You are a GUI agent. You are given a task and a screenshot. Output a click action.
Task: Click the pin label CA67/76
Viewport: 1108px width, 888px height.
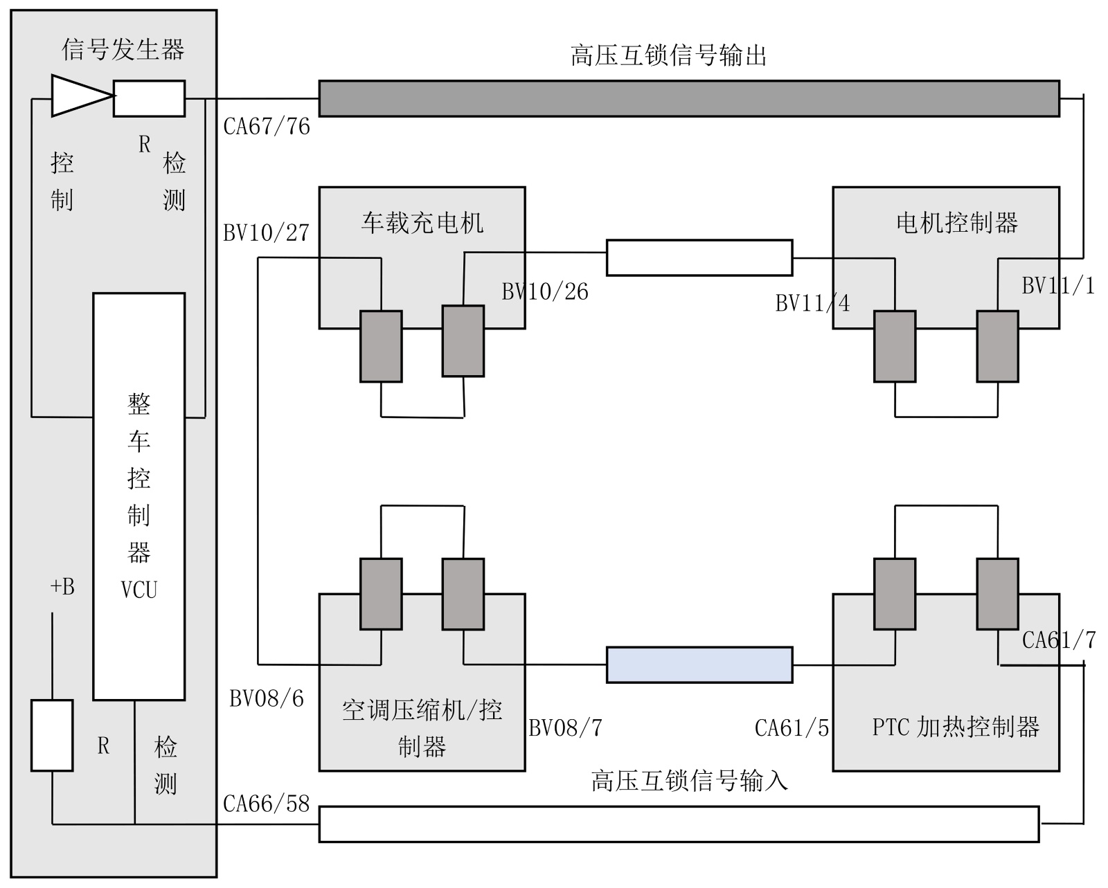pyautogui.click(x=267, y=127)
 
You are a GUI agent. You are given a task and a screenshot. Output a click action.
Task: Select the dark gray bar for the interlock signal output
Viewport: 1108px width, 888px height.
pyautogui.click(x=690, y=98)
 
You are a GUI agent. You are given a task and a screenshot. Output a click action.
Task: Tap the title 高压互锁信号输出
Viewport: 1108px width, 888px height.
pyautogui.click(x=668, y=55)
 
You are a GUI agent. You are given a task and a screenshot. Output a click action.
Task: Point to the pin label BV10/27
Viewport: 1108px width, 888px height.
pyautogui.click(x=266, y=233)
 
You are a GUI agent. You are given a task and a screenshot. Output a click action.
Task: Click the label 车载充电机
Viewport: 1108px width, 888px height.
pyautogui.click(x=422, y=224)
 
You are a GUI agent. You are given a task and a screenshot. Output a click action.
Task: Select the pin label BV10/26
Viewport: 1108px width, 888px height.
pyautogui.click(x=545, y=292)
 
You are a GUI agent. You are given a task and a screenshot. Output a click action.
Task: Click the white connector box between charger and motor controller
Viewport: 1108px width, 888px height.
pyautogui.click(x=699, y=258)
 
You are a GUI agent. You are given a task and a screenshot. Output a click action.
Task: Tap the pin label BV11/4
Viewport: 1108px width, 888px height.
pyautogui.click(x=813, y=303)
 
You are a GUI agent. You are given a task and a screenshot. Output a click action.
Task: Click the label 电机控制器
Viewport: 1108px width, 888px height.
pyautogui.click(x=957, y=224)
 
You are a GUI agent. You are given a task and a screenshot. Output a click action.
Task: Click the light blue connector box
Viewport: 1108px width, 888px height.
pyautogui.click(x=699, y=665)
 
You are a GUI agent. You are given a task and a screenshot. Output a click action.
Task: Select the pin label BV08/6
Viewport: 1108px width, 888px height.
pyautogui.click(x=267, y=699)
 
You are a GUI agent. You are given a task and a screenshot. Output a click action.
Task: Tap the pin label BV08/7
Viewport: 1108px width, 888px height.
pyautogui.click(x=566, y=728)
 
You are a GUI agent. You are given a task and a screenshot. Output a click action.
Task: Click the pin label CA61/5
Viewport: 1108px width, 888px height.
pyautogui.click(x=792, y=728)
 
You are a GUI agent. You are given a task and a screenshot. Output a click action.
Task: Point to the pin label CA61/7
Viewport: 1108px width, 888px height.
pyautogui.click(x=1059, y=640)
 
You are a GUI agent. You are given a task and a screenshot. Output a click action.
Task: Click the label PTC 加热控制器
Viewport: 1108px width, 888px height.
pyautogui.click(x=956, y=727)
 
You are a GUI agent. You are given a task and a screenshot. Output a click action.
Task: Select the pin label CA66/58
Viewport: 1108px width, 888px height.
pyautogui.click(x=266, y=804)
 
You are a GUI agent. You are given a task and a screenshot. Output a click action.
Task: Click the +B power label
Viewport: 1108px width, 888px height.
pyautogui.click(x=62, y=587)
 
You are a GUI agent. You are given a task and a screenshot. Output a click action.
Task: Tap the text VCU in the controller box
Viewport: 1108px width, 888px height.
pyautogui.click(x=139, y=590)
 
